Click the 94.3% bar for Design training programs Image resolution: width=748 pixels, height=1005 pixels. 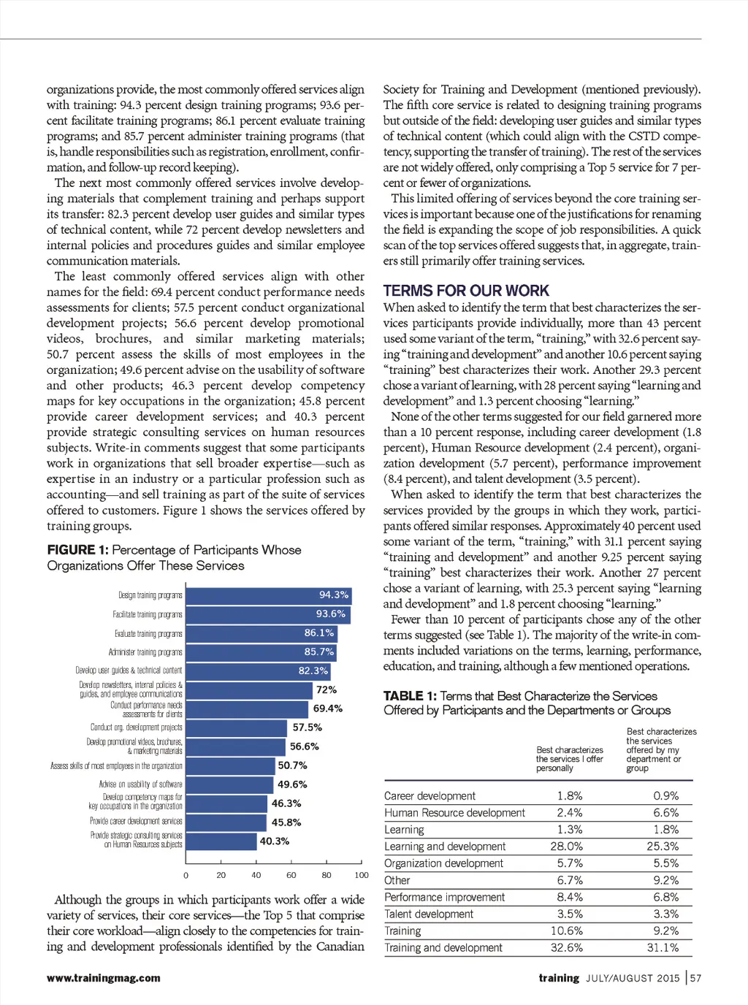tap(268, 595)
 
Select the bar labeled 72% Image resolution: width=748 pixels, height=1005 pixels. tap(249, 690)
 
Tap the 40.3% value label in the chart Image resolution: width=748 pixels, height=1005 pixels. tap(275, 841)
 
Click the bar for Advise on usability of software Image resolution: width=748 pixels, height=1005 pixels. tap(230, 784)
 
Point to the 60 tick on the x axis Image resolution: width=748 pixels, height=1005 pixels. tap(291, 875)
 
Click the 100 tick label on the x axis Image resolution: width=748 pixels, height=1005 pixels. tap(362, 875)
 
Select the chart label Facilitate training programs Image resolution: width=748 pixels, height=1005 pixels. tap(148, 615)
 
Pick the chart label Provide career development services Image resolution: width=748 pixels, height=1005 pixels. tap(136, 822)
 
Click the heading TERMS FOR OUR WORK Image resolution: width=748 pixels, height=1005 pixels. tap(466, 291)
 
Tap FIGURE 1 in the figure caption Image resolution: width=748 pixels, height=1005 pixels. tap(77, 550)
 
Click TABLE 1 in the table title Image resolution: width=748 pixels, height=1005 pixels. tap(410, 696)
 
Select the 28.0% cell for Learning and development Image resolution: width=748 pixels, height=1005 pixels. tap(567, 847)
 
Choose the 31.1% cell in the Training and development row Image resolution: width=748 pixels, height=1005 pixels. tap(663, 948)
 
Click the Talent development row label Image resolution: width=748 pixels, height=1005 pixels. tap(429, 914)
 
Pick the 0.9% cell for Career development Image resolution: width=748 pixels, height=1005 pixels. tap(665, 796)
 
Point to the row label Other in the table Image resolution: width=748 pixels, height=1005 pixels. tap(397, 881)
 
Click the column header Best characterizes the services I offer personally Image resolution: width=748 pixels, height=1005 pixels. tap(570, 759)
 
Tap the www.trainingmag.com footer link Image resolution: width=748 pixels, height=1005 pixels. tap(103, 978)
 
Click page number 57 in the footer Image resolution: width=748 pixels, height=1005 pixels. tap(695, 978)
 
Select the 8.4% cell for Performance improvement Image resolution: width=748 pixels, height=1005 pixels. tap(570, 898)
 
